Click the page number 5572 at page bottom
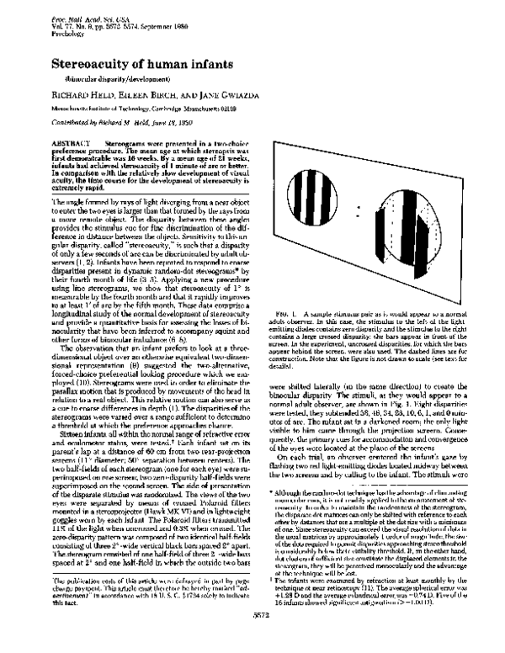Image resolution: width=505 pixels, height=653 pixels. coord(252,638)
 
